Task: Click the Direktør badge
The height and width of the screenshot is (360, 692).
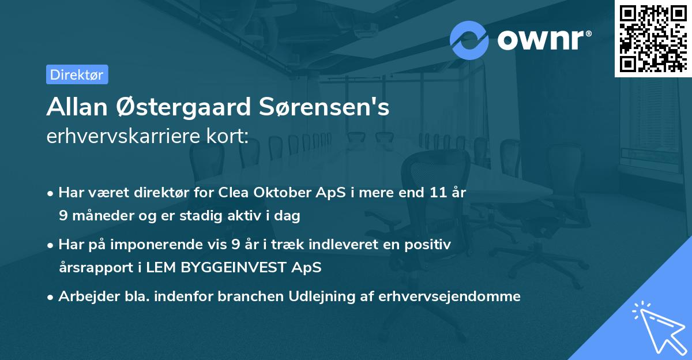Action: click(x=77, y=74)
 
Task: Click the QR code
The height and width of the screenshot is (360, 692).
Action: click(x=653, y=38)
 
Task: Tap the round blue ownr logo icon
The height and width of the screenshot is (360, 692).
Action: click(x=469, y=40)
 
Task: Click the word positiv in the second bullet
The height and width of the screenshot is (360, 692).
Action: click(x=429, y=245)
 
